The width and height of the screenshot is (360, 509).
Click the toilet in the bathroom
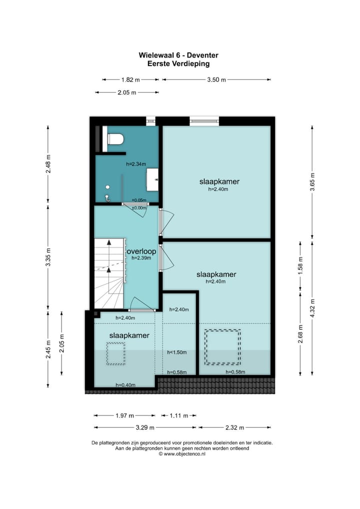click(115, 139)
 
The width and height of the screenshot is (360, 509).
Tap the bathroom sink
click(152, 179)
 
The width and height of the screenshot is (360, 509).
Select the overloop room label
click(141, 251)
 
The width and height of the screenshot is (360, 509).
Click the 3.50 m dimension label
click(216, 80)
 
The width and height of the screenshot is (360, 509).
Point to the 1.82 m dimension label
click(130, 80)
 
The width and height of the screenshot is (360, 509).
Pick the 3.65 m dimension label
click(312, 182)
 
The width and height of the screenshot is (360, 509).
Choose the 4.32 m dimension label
click(312, 308)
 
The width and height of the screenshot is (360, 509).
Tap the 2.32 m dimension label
click(234, 427)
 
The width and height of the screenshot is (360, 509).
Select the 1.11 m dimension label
click(179, 415)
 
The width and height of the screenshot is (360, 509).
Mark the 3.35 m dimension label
click(48, 257)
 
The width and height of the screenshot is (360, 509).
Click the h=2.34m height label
click(136, 164)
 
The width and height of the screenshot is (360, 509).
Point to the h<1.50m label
click(177, 352)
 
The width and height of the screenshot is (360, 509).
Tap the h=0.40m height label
click(125, 385)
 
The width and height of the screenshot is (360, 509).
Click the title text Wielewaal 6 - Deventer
click(178, 55)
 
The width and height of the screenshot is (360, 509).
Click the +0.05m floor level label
click(139, 200)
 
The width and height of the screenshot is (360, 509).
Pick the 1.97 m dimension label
click(124, 415)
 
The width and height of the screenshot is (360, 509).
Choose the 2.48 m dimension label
click(48, 163)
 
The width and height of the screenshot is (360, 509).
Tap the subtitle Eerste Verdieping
click(178, 63)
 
